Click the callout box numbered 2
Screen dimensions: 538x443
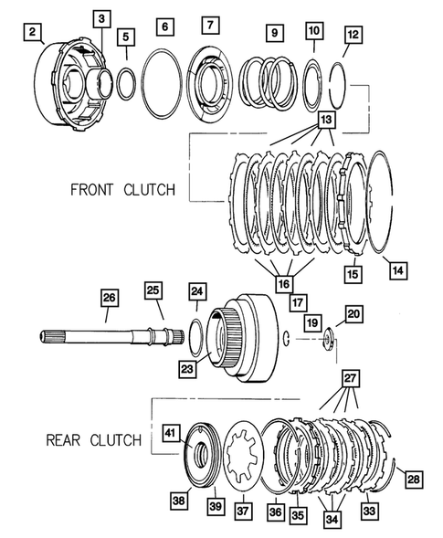[x=34, y=35]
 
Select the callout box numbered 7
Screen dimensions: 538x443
[x=211, y=25]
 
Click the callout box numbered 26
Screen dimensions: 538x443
[x=109, y=298]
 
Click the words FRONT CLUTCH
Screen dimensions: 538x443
[x=121, y=192]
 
